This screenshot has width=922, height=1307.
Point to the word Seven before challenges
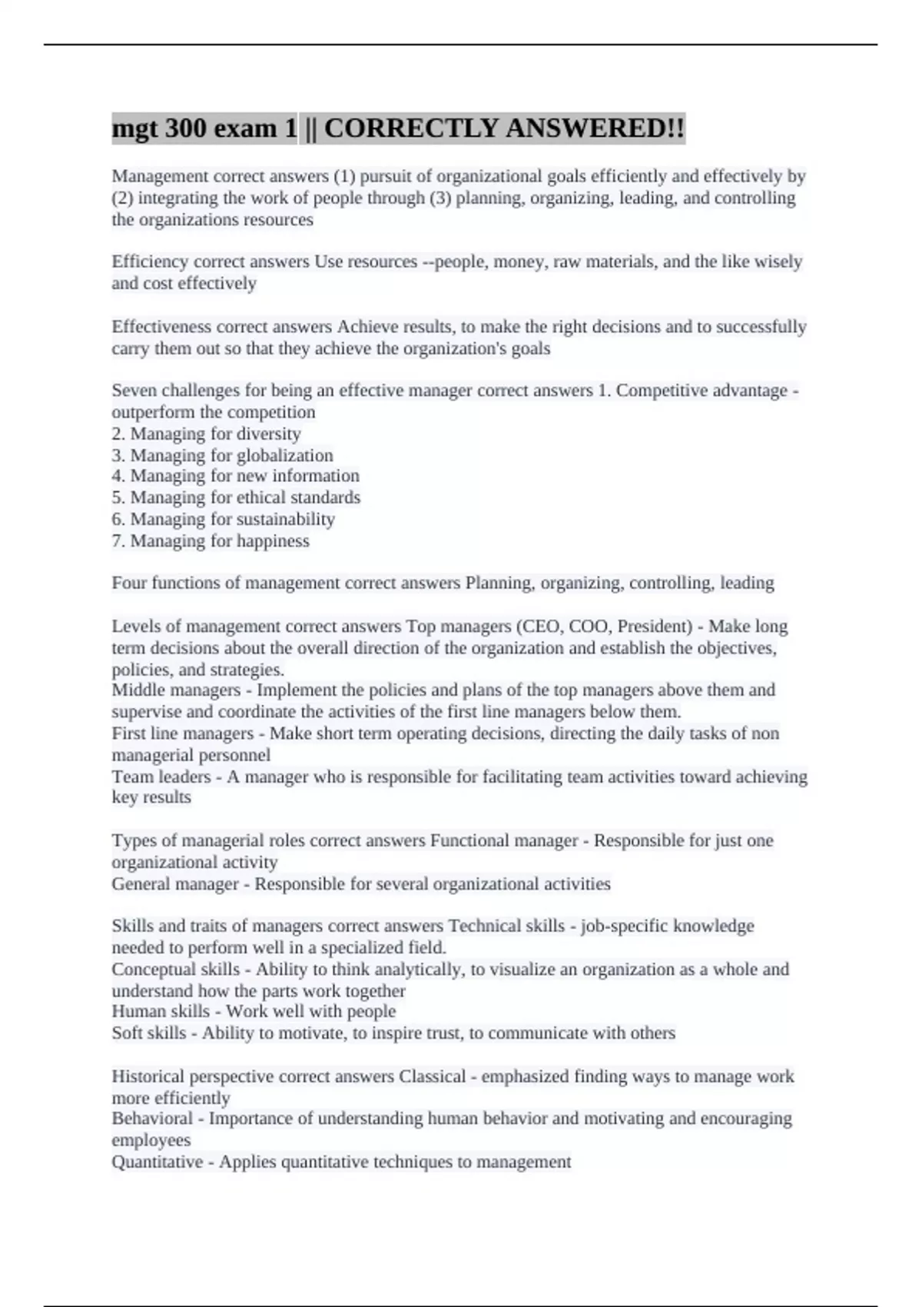tap(134, 391)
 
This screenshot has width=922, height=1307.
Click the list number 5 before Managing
tap(117, 497)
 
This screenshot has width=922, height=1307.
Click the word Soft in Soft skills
tap(127, 1033)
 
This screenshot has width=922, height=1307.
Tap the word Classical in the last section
tap(433, 1076)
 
